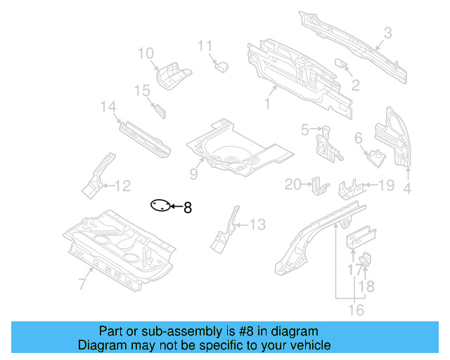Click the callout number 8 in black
pos(187,207)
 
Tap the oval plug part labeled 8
pos(160,206)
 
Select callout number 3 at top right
pos(387,32)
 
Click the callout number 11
pos(205,46)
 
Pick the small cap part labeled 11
pos(221,66)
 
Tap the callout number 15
pos(143,91)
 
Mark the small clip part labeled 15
pos(160,109)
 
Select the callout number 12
pos(122,186)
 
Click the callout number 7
pos(82,284)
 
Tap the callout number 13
pos(257,225)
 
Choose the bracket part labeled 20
pos(321,187)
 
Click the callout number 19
pos(387,186)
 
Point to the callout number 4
pos(406,188)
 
